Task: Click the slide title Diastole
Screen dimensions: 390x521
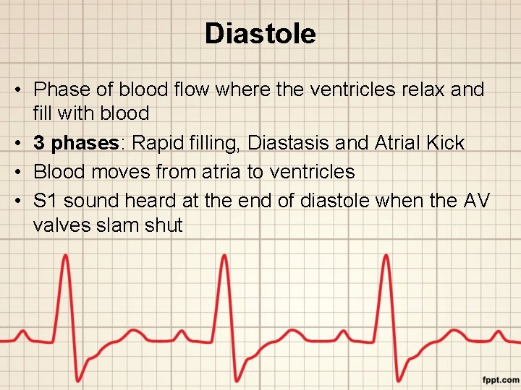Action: click(260, 33)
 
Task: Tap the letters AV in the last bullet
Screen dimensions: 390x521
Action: click(475, 201)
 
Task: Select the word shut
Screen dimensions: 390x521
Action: click(164, 225)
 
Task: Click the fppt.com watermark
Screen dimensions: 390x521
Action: click(501, 379)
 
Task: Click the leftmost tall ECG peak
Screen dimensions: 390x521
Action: click(66, 258)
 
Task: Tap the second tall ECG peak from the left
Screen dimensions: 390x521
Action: click(225, 258)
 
